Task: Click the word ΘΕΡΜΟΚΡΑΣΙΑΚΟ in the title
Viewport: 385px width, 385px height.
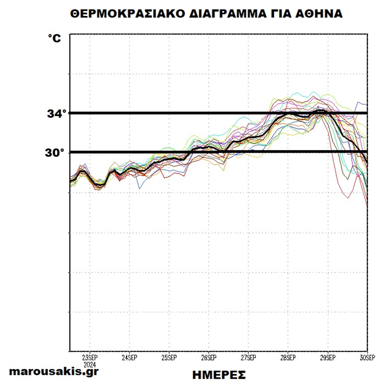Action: pyautogui.click(x=127, y=14)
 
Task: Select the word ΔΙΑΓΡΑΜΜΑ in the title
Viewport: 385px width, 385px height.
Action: pyautogui.click(x=227, y=14)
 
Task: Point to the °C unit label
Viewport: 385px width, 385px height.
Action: pyautogui.click(x=55, y=38)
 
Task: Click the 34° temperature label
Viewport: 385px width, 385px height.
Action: pyautogui.click(x=57, y=113)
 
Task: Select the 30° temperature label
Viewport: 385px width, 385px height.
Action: pyautogui.click(x=54, y=153)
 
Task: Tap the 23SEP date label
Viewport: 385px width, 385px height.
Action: pyautogui.click(x=90, y=358)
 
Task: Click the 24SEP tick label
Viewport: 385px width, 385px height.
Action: pyautogui.click(x=130, y=358)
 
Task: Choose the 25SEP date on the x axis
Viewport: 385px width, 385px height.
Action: pyautogui.click(x=169, y=358)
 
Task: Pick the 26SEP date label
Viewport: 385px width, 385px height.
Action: pyautogui.click(x=209, y=358)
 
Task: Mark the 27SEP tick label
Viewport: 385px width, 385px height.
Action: pyautogui.click(x=248, y=358)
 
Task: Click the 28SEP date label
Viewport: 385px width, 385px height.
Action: pyautogui.click(x=288, y=358)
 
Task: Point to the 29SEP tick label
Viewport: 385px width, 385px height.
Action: pyautogui.click(x=328, y=358)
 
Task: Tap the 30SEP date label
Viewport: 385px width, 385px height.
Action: pyautogui.click(x=367, y=358)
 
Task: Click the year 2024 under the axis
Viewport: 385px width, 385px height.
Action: pyautogui.click(x=90, y=364)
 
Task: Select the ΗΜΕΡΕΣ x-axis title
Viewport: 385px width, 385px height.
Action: pyautogui.click(x=219, y=375)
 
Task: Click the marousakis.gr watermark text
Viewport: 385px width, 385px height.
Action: pyautogui.click(x=54, y=371)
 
